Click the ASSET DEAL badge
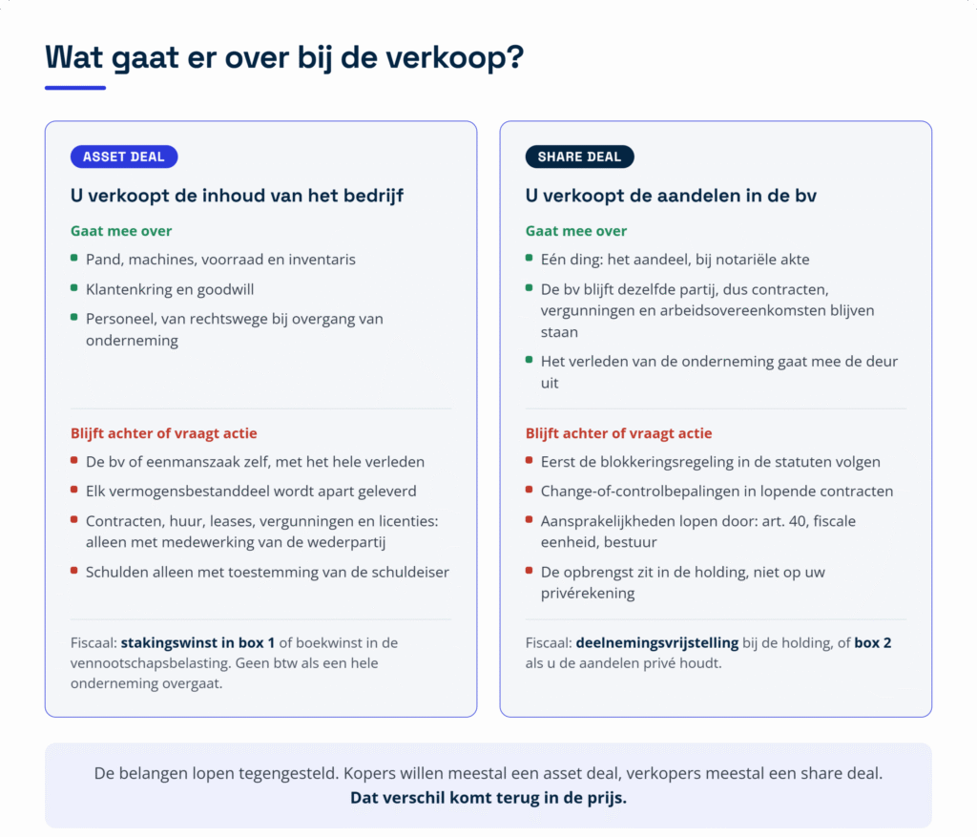click(124, 157)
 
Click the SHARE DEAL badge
click(579, 157)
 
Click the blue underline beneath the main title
click(75, 88)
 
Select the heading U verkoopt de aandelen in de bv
click(671, 196)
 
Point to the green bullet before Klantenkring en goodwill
click(74, 288)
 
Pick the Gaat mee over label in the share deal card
click(575, 231)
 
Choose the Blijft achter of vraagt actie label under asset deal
click(163, 433)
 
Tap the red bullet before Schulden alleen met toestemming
click(74, 571)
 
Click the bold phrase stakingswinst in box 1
click(197, 642)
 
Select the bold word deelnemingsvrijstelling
click(656, 642)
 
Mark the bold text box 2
click(872, 642)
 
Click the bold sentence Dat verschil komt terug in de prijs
click(488, 798)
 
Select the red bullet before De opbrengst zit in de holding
click(529, 571)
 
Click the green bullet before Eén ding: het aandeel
click(529, 258)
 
